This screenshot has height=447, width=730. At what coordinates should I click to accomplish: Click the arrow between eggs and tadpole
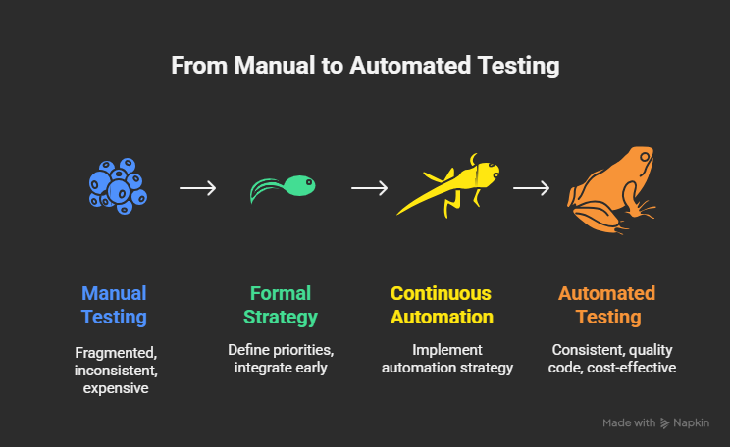coord(198,186)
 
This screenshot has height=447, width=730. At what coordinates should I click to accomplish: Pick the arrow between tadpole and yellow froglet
coord(368,186)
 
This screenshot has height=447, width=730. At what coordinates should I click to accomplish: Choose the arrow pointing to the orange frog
coord(531,186)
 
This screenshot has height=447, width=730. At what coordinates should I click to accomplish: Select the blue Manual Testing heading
coord(114,305)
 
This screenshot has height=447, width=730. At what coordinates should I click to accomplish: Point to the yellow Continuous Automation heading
coord(442,305)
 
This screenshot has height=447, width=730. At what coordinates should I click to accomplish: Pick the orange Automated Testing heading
coord(606,305)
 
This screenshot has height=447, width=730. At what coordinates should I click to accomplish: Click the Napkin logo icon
coord(666,422)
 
